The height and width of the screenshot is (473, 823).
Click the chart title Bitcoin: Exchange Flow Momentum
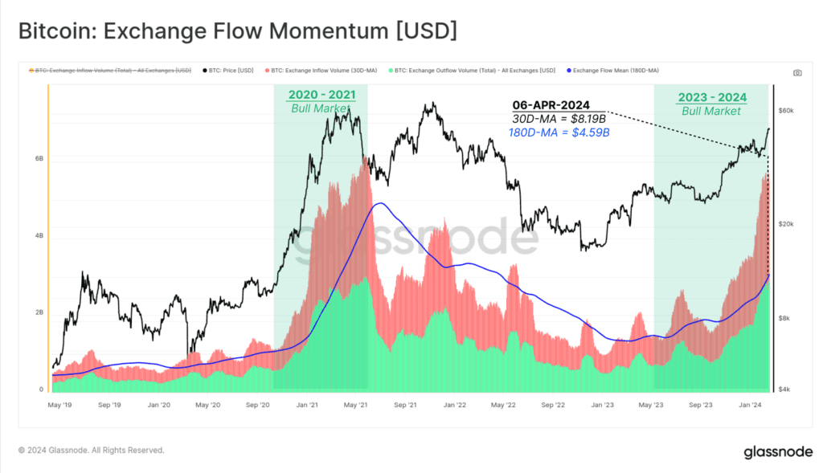[237, 31]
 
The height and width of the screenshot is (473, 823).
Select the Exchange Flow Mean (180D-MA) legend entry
[612, 71]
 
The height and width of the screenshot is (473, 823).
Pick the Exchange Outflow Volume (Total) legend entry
[474, 71]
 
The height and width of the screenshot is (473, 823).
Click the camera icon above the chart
[797, 72]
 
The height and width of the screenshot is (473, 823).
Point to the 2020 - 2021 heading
[321, 96]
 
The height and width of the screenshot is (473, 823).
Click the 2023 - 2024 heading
[712, 98]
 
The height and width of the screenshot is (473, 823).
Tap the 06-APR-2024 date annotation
[551, 105]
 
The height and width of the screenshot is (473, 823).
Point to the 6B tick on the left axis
[39, 159]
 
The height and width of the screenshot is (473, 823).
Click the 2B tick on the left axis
[39, 312]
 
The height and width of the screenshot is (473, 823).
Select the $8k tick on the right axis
[786, 319]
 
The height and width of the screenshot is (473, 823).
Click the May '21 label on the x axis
[356, 405]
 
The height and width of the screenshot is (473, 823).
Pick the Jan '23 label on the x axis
[603, 405]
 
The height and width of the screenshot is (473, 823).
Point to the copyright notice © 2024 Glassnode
[92, 451]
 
